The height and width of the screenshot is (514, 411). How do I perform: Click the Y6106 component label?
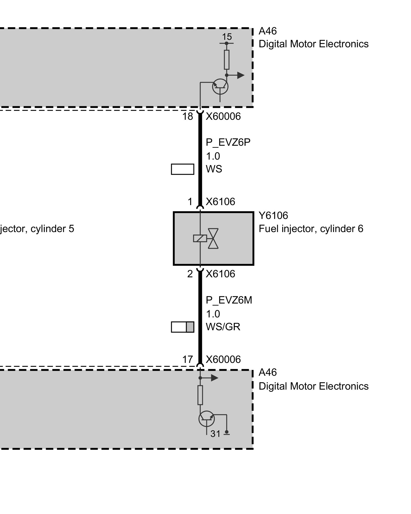(273, 216)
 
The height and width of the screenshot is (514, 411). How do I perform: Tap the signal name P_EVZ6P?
(228, 142)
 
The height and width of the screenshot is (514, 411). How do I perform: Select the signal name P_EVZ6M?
(229, 300)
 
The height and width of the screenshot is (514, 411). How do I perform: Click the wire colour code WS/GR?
(223, 327)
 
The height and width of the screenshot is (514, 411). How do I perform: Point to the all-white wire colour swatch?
(182, 169)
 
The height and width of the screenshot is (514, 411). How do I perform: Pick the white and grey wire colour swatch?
(182, 327)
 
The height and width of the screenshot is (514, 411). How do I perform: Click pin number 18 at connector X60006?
(188, 117)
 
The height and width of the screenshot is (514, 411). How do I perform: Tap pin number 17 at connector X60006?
(188, 359)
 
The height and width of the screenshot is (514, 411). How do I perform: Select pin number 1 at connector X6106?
(190, 202)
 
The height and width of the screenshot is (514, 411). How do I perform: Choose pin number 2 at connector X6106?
(190, 274)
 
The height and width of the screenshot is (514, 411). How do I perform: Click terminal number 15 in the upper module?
(227, 37)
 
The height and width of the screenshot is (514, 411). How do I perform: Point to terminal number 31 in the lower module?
(215, 434)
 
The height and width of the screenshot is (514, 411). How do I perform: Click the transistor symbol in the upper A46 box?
(220, 87)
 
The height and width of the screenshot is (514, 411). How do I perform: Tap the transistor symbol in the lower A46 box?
(207, 419)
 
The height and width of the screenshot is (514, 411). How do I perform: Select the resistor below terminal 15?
(227, 60)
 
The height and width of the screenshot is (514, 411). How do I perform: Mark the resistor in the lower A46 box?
(200, 395)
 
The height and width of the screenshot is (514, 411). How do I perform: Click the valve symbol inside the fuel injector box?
(213, 238)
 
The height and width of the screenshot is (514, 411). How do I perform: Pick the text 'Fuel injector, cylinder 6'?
(311, 229)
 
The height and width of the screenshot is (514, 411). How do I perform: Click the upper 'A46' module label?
(268, 31)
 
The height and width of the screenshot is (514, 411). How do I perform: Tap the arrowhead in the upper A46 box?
(241, 75)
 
